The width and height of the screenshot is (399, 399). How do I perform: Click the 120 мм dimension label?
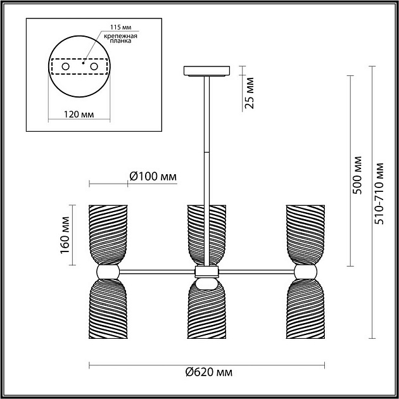click(x=79, y=115)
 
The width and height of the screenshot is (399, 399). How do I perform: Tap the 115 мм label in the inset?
click(x=120, y=27)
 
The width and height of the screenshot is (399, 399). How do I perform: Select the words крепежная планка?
click(x=120, y=38)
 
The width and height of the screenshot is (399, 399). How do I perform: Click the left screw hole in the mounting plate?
click(x=66, y=66)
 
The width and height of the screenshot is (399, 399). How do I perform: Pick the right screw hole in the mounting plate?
click(x=94, y=66)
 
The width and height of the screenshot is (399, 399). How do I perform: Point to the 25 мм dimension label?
click(x=250, y=93)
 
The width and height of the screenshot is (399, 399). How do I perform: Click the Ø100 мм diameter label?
click(x=153, y=176)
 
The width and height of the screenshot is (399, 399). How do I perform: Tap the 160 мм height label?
click(x=65, y=235)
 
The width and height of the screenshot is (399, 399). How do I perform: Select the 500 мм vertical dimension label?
click(x=358, y=175)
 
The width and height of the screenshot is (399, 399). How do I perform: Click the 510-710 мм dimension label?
click(x=379, y=193)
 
